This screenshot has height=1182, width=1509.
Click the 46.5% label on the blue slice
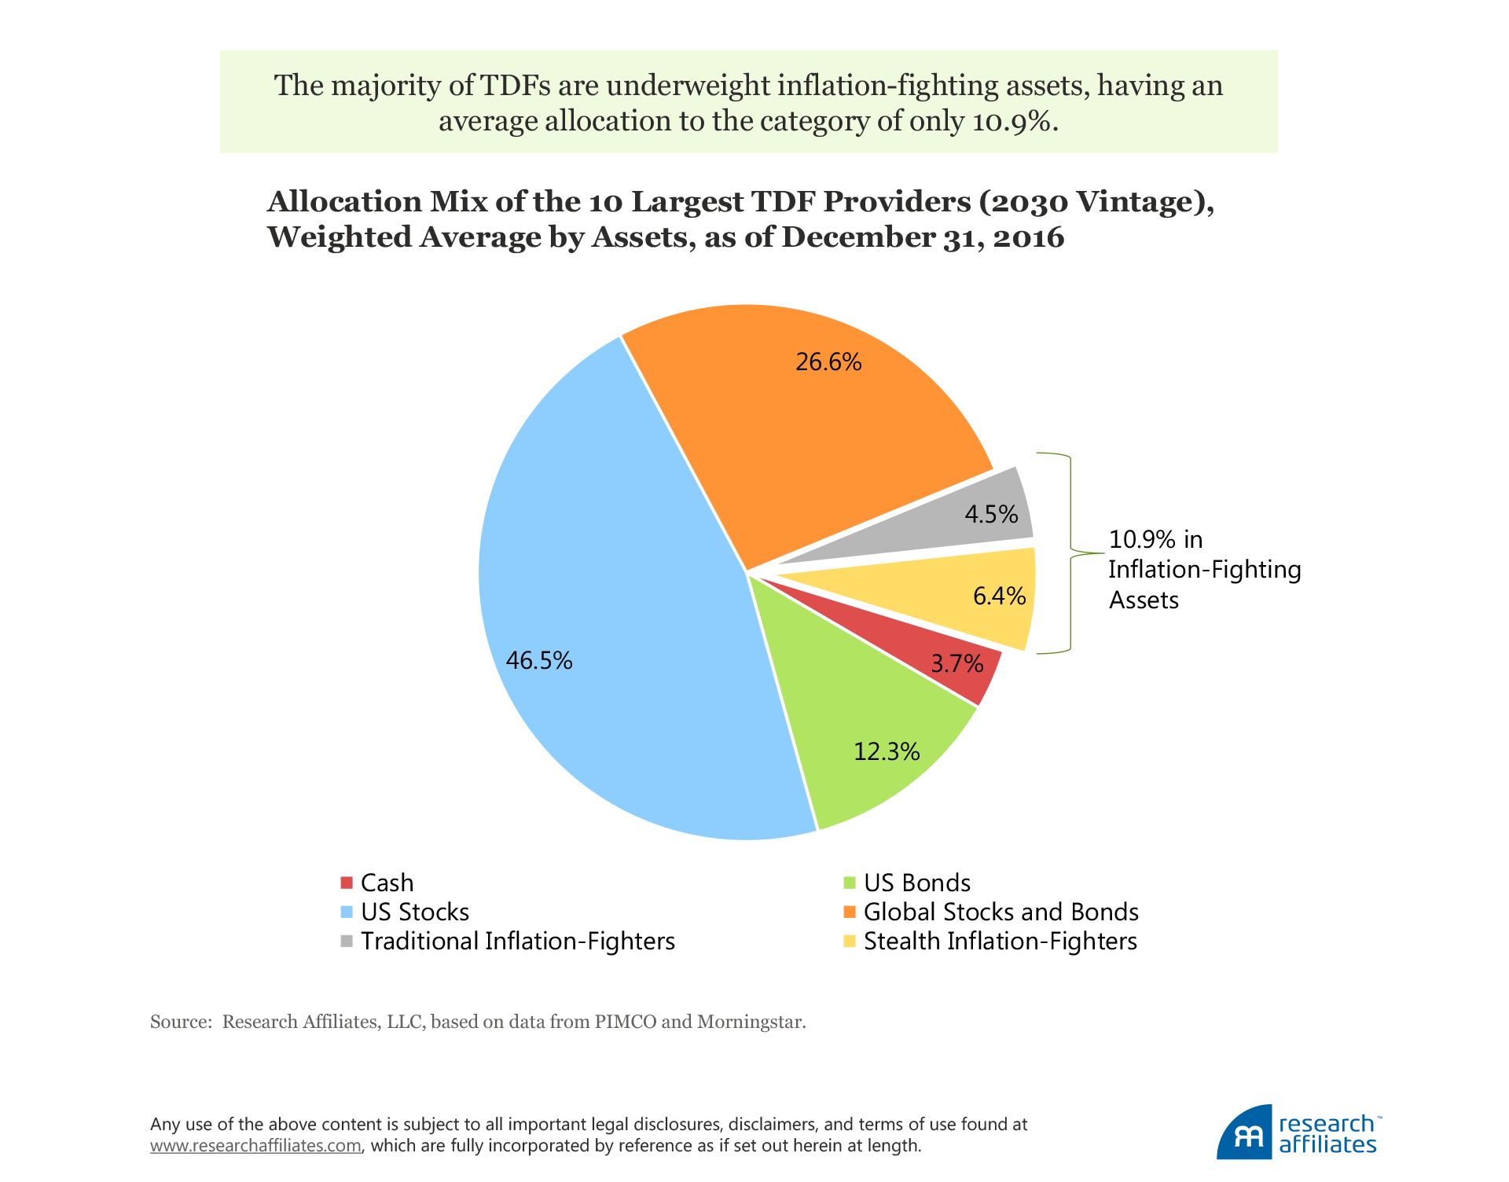pos(539,660)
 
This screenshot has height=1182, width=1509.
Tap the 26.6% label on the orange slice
pos(828,362)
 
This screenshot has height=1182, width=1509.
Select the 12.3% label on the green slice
pos(887,752)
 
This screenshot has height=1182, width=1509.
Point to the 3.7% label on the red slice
pos(957,664)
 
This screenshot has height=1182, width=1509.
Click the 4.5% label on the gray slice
pos(991,514)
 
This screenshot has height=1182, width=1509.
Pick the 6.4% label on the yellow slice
pos(999,597)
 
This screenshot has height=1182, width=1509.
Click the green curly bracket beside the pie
pos(1070,553)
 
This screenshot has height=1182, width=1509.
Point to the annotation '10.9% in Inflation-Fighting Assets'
pos(1204,569)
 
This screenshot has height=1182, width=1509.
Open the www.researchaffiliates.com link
pos(255,1146)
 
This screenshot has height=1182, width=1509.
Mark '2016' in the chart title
pos(1029,237)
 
